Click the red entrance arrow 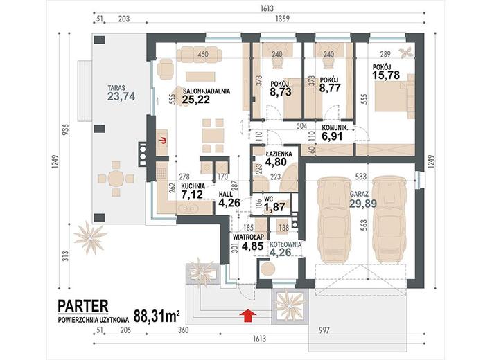coord(247,316)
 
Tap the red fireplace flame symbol coord(163,141)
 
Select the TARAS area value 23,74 coord(121,96)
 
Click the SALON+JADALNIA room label coord(207,91)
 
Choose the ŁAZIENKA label coord(279,154)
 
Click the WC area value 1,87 coord(274,207)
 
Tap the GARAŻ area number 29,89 coord(363,204)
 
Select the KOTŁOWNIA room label coord(285,244)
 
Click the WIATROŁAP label coord(248,237)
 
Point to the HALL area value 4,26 coord(229,203)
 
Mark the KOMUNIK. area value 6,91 coord(333,136)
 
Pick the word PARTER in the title coord(83,307)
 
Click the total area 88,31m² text coord(157,316)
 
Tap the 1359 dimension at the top coord(282,19)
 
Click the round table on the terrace coord(116,179)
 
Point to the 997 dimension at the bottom coord(324,330)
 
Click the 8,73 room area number coord(281,92)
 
